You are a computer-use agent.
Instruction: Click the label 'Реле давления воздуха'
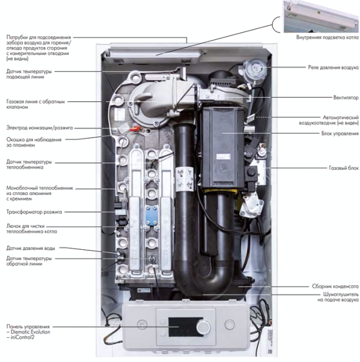[333, 68]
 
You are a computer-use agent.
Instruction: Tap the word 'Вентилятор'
[346, 98]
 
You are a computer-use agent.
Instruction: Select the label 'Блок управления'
[340, 133]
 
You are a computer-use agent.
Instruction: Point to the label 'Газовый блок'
[344, 168]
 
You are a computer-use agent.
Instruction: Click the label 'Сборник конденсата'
[335, 287]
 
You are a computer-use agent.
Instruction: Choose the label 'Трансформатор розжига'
[34, 212]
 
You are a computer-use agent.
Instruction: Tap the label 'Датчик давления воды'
[31, 249]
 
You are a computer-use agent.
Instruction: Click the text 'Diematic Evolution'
[30, 332]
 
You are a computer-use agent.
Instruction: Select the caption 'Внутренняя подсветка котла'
[327, 37]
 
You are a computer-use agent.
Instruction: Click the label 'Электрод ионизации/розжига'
[39, 128]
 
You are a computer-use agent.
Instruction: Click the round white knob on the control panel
[204, 326]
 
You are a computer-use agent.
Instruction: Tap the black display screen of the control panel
[182, 327]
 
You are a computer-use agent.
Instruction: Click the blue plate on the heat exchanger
[152, 215]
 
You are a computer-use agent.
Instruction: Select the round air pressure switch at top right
[255, 69]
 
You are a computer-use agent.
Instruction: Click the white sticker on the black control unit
[223, 156]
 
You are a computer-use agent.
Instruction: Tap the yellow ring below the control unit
[220, 191]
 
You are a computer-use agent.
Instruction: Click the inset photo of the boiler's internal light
[321, 16]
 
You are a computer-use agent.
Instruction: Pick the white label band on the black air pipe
[185, 179]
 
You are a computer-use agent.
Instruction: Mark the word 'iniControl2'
[22, 337]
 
